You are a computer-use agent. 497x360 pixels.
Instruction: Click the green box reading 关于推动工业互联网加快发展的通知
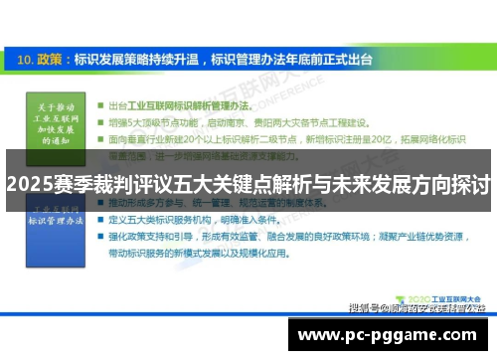(53, 122)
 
